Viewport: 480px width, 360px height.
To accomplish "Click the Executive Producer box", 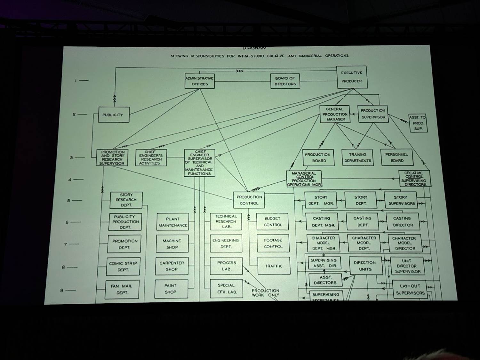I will pyautogui.click(x=352, y=77).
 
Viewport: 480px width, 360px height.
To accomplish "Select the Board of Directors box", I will pyautogui.click(x=285, y=81).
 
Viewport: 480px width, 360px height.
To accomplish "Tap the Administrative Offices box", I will pyautogui.click(x=199, y=81).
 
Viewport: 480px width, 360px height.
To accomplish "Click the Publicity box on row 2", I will pyautogui.click(x=114, y=115).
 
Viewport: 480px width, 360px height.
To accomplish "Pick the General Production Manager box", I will pyautogui.click(x=335, y=114).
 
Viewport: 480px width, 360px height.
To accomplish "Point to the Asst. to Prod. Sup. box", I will pyautogui.click(x=418, y=123).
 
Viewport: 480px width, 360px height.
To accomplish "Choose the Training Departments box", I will pyautogui.click(x=357, y=157).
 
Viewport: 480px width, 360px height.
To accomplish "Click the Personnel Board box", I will pyautogui.click(x=397, y=157).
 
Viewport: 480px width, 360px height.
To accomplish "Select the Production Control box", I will pyautogui.click(x=249, y=200).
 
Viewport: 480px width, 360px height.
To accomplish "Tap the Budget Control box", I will pyautogui.click(x=273, y=221).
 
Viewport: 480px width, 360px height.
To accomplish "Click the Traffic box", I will pyautogui.click(x=274, y=266).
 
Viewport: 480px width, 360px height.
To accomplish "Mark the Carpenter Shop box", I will pyautogui.click(x=172, y=266).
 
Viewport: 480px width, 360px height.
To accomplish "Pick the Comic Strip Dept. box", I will pyautogui.click(x=123, y=266).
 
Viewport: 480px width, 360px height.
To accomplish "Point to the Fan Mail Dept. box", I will pyautogui.click(x=122, y=289).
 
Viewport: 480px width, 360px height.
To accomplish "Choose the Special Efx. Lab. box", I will pyautogui.click(x=226, y=288).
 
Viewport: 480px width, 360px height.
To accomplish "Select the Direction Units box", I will pyautogui.click(x=365, y=266).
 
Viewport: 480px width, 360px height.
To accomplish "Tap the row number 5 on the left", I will pyautogui.click(x=68, y=201).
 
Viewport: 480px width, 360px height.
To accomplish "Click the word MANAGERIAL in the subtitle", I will pyautogui.click(x=310, y=56).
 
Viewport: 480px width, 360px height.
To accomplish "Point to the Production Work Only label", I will pyautogui.click(x=265, y=293).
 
